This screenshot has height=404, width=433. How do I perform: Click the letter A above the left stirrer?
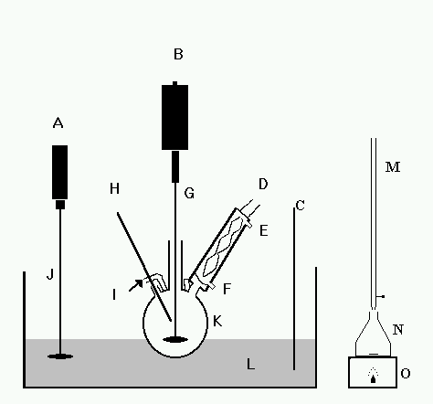pyautogui.click(x=58, y=122)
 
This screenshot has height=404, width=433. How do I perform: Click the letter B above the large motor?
pyautogui.click(x=178, y=54)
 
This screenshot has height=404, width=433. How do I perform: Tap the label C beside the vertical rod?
pyautogui.click(x=301, y=206)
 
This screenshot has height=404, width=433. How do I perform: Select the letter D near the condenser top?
pyautogui.click(x=263, y=184)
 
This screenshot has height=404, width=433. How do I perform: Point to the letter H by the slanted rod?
pyautogui.click(x=114, y=189)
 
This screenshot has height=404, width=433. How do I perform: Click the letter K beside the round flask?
pyautogui.click(x=217, y=321)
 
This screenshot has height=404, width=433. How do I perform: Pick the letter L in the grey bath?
pyautogui.click(x=250, y=364)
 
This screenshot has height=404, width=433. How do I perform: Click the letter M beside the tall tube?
pyautogui.click(x=393, y=167)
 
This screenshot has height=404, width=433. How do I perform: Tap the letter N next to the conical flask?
pyautogui.click(x=398, y=330)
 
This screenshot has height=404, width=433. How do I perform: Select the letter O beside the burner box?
pyautogui.click(x=406, y=373)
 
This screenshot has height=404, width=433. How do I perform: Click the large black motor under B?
pyautogui.click(x=174, y=117)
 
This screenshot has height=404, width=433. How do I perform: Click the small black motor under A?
pyautogui.click(x=59, y=172)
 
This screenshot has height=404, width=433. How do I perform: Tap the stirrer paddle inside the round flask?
pyautogui.click(x=175, y=339)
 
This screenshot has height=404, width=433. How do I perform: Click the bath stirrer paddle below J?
pyautogui.click(x=60, y=356)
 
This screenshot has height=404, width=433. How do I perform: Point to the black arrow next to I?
pyautogui.click(x=136, y=285)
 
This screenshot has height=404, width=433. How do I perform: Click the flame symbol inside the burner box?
pyautogui.click(x=373, y=376)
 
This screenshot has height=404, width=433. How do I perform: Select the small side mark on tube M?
pyautogui.click(x=381, y=296)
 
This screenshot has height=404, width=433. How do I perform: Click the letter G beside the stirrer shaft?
pyautogui.click(x=189, y=193)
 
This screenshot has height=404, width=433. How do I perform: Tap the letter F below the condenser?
pyautogui.click(x=227, y=289)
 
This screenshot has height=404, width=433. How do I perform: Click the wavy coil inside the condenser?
pyautogui.click(x=223, y=248)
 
